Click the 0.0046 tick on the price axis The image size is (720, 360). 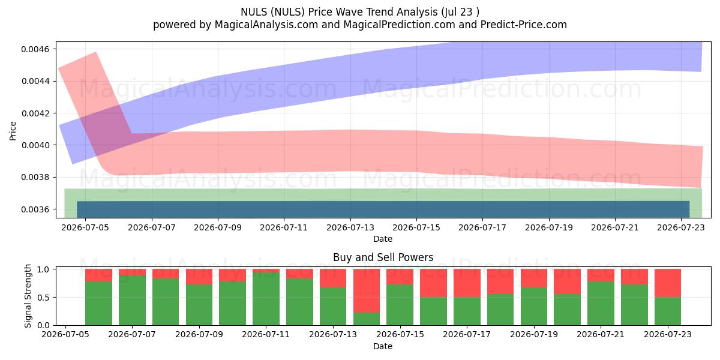[x=35, y=49]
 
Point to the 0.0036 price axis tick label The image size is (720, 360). [x=35, y=209]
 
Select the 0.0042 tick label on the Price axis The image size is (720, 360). [x=35, y=113]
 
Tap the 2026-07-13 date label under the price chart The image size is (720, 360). [x=350, y=227]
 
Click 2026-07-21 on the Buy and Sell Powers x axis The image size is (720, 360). [x=601, y=334]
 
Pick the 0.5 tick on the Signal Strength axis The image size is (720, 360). [x=43, y=298]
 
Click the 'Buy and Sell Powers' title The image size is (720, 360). [x=383, y=257]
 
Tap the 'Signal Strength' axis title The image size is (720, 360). [x=28, y=296]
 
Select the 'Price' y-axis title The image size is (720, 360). [x=13, y=131]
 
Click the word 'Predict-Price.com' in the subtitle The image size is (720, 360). [x=524, y=25]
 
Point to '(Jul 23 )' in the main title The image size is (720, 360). [x=460, y=12]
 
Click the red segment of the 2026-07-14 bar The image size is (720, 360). [x=367, y=290]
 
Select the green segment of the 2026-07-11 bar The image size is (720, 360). [x=266, y=299]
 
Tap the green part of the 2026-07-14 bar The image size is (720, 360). [x=367, y=319]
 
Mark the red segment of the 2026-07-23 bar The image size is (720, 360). [x=668, y=283]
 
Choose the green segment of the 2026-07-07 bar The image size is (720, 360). [x=132, y=300]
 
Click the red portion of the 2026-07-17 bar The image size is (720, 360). [x=467, y=283]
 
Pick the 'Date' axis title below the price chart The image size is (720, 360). [x=383, y=239]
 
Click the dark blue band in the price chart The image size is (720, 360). [x=383, y=209]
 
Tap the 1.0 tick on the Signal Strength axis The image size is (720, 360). [x=43, y=269]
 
